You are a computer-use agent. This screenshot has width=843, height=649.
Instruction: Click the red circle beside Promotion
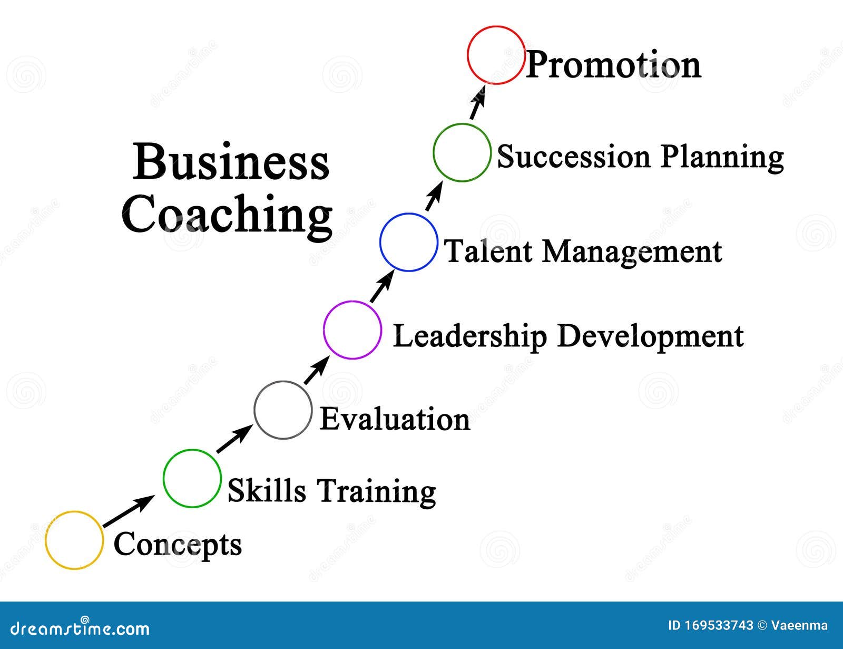coord(496,55)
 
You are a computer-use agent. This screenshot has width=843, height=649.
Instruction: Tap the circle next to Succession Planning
coord(462,153)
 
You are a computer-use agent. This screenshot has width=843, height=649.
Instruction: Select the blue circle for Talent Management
coord(408,243)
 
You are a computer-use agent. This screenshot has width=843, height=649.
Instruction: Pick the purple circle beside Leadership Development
coord(352,330)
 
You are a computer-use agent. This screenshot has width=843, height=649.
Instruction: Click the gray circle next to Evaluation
coord(282,410)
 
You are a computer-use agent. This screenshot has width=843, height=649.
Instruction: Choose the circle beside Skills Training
coord(192,479)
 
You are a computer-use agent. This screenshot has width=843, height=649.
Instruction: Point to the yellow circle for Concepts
coord(74,540)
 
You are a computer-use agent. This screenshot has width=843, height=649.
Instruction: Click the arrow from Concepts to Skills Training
coord(129,511)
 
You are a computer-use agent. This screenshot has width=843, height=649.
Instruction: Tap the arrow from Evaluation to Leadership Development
coord(316,371)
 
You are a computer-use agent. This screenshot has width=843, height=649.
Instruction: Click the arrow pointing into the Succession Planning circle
coord(433,196)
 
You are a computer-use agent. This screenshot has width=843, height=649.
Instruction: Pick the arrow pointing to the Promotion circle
coord(477,103)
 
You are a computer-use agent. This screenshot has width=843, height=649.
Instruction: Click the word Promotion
coord(613,65)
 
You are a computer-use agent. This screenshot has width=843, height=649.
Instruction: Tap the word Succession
coord(574,157)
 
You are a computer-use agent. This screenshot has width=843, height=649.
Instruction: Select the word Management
coord(632,251)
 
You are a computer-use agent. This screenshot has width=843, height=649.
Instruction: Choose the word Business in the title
coord(231,161)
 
